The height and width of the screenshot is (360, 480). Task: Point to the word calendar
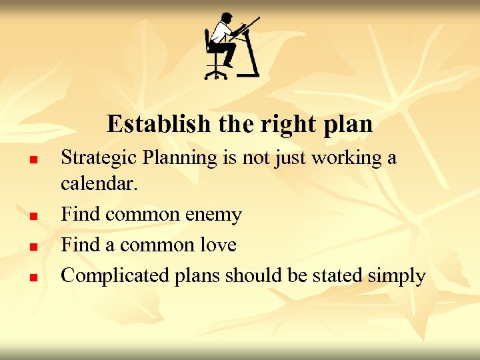point(99,184)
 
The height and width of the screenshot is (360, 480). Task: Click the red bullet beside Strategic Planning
point(31,160)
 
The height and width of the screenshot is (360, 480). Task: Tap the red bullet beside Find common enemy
point(31,217)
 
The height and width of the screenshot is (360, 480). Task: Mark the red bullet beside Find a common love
point(31,247)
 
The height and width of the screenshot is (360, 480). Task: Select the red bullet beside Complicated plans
point(31,277)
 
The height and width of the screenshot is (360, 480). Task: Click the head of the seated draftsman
point(226,18)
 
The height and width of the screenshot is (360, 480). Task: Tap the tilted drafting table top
point(246,27)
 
